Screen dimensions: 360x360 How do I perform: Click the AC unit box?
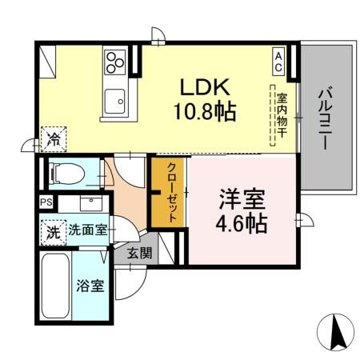pyautogui.click(x=278, y=61)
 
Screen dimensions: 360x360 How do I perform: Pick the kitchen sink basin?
pyautogui.click(x=116, y=101)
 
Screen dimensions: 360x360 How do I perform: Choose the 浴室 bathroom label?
pyautogui.click(x=89, y=286)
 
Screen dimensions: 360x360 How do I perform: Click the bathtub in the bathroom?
pyautogui.click(x=57, y=287)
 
